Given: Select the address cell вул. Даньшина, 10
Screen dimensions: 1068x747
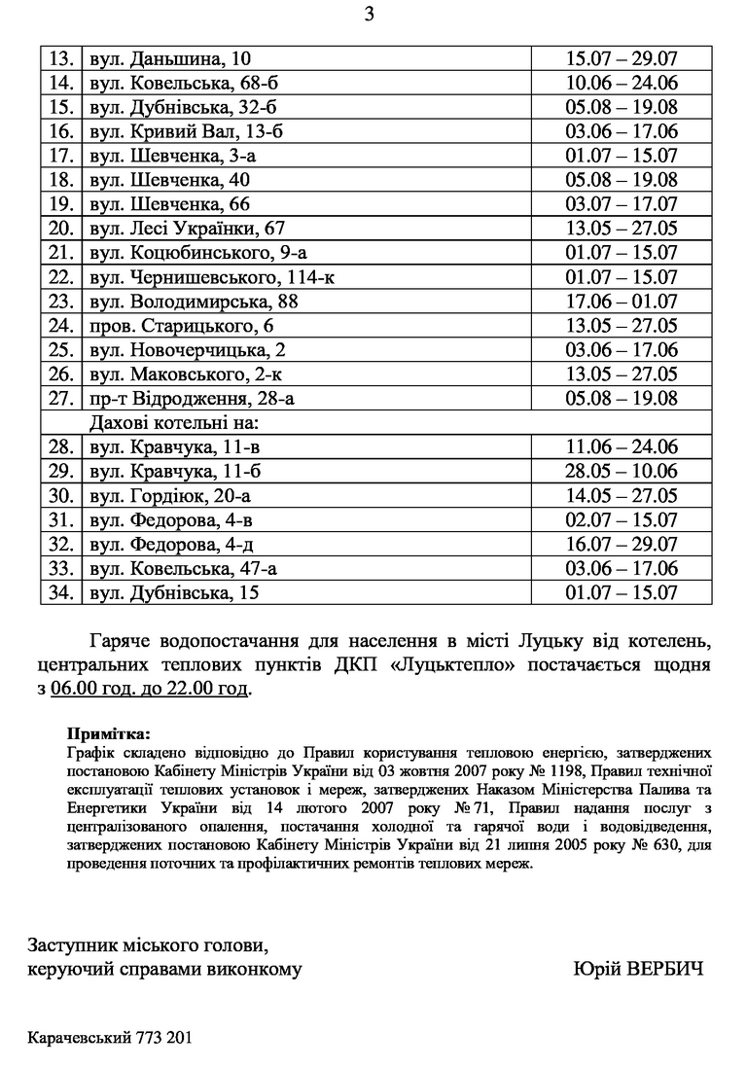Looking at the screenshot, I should point(170,59).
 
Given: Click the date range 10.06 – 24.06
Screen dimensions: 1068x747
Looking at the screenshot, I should point(622,83).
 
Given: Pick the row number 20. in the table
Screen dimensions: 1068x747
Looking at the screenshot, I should point(61,229).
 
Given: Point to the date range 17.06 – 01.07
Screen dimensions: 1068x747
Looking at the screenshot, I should point(622,302).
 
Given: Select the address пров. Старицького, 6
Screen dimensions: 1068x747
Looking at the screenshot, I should point(182,326).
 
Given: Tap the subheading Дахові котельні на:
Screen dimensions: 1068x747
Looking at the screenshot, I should point(178,423).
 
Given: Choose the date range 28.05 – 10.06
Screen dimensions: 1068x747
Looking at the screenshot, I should point(622,472).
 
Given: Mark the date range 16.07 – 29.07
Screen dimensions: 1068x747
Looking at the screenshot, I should point(622,545).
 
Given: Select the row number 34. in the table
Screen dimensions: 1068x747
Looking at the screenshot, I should point(61,592).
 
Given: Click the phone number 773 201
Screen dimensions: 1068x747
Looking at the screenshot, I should point(164,1038).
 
